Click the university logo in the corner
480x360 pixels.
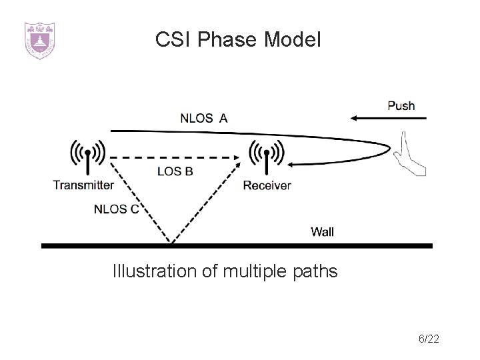click(39, 41)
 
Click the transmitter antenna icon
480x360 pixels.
click(87, 160)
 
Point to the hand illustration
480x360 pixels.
click(407, 155)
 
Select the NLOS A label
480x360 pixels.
click(203, 119)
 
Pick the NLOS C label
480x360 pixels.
click(116, 209)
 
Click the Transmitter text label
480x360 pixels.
click(83, 185)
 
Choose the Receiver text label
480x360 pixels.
click(267, 185)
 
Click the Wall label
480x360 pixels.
click(323, 232)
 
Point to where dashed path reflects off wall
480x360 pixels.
click(173, 242)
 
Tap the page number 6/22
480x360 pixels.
click(428, 340)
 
